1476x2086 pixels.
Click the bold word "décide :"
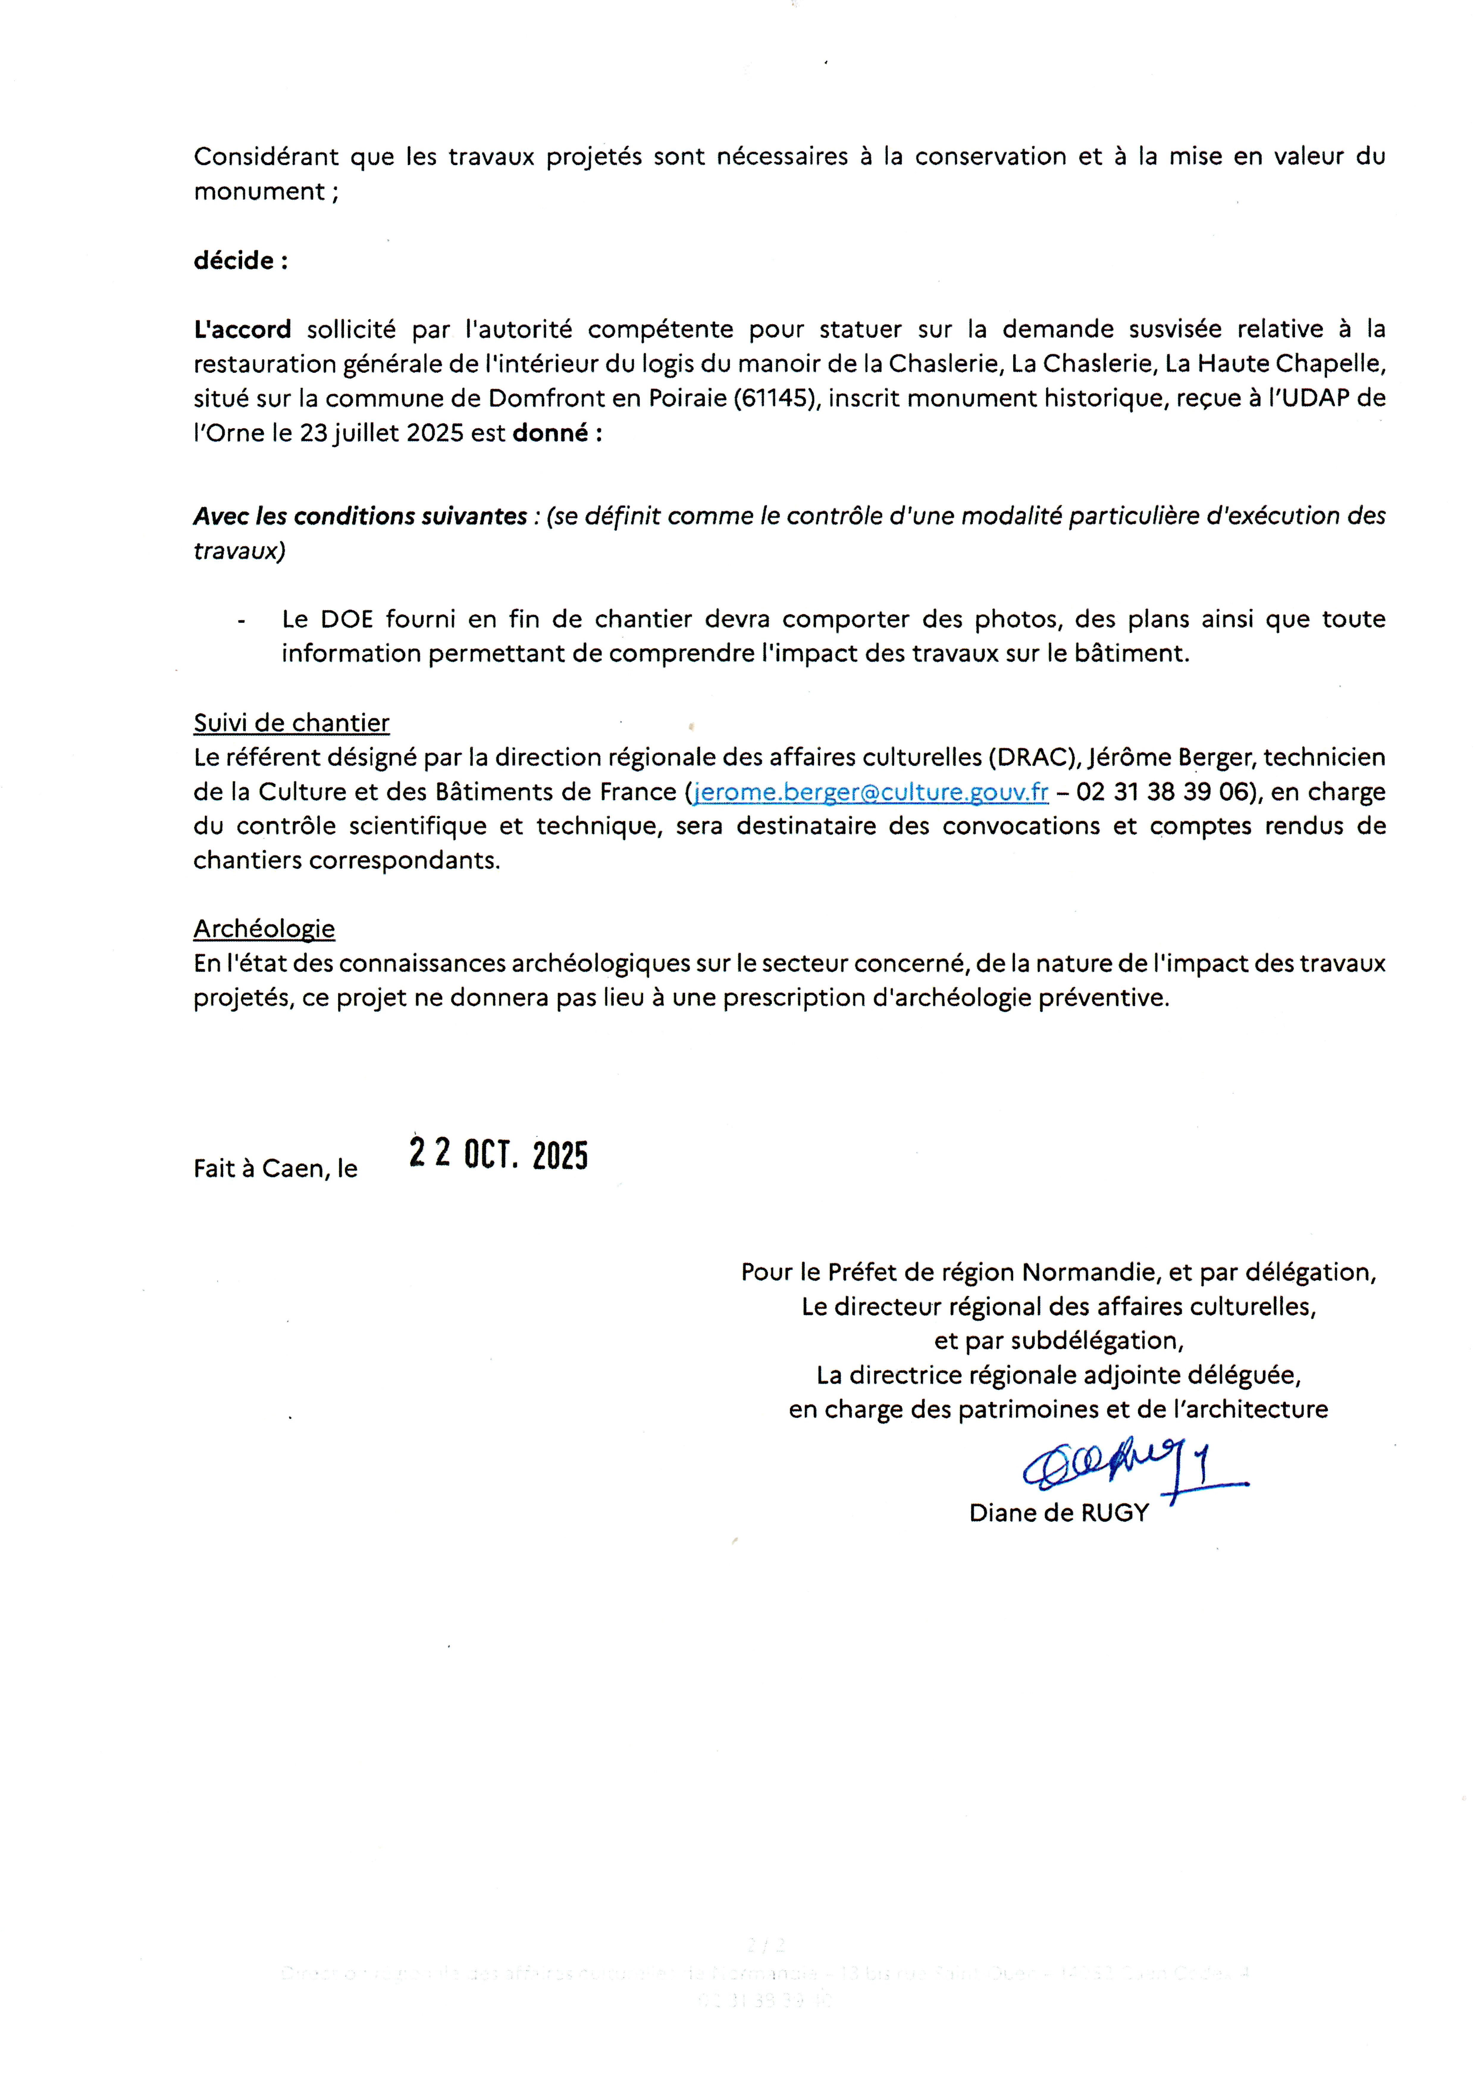point(240,261)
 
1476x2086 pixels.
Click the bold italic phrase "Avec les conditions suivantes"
point(360,516)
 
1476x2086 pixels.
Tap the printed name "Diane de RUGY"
point(1059,1513)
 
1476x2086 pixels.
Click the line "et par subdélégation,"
point(1059,1341)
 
